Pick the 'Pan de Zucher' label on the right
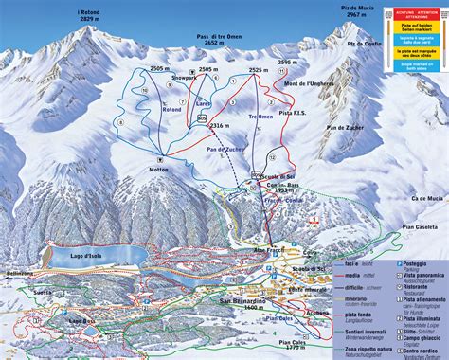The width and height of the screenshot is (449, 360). (346, 126)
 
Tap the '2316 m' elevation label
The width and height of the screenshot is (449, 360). (220, 125)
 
